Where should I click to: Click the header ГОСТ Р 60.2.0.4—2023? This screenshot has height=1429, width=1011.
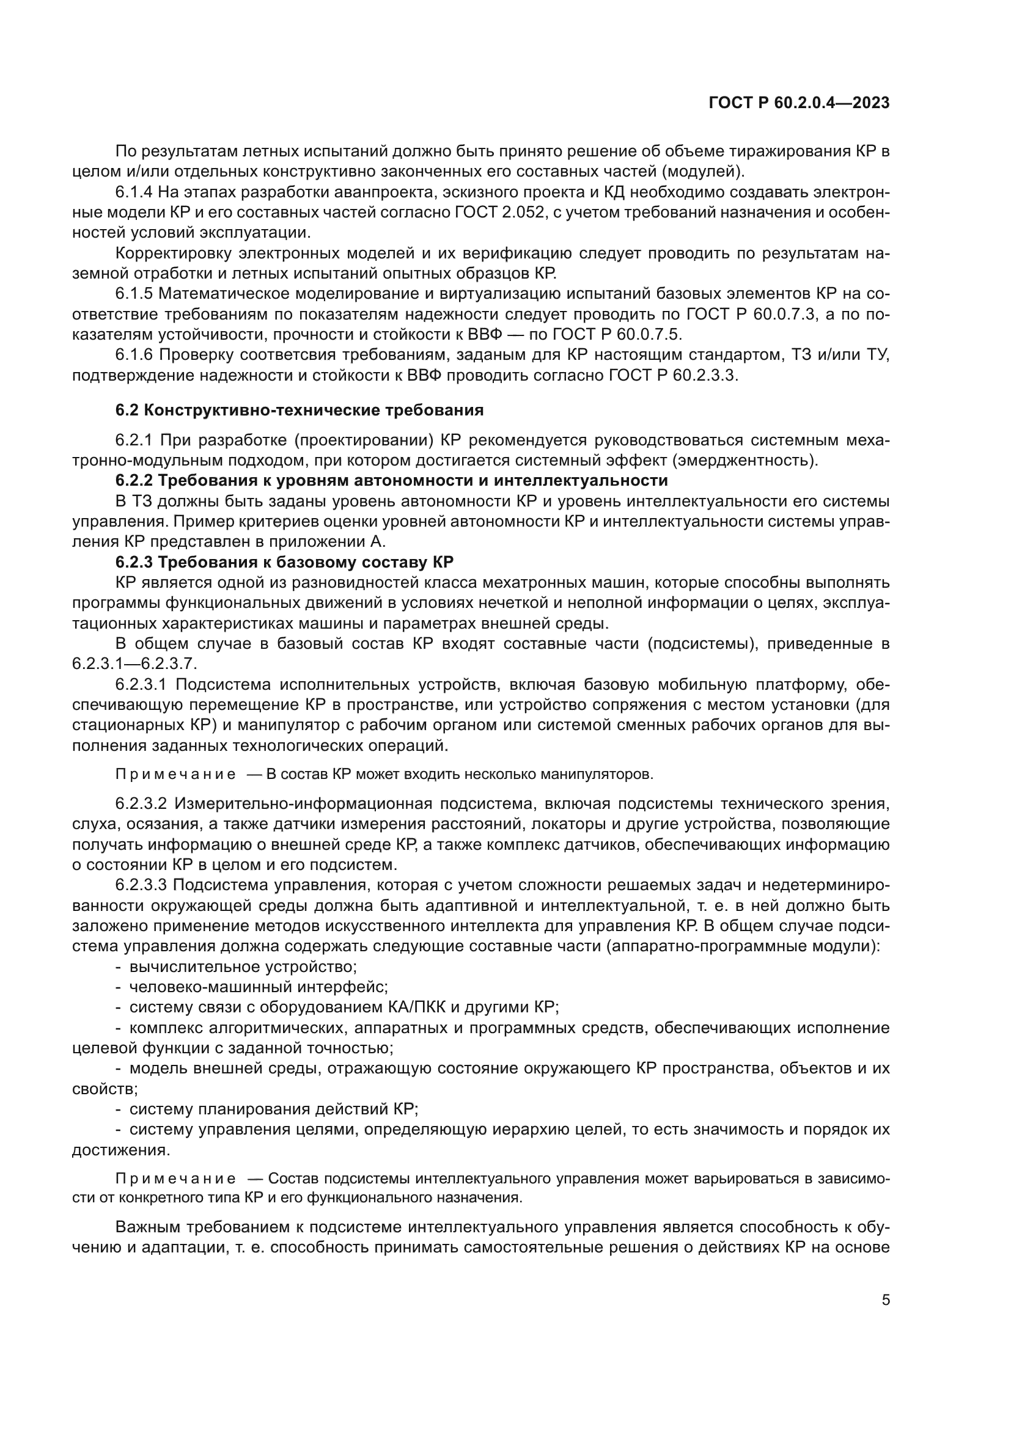point(799,103)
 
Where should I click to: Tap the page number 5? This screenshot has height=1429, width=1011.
point(886,1299)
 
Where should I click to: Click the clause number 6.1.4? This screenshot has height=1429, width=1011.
point(134,192)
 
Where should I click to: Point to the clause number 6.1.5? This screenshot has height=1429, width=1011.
point(134,294)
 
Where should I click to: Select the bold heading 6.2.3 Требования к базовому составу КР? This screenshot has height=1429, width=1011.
point(284,562)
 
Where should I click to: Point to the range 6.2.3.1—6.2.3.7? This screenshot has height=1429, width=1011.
point(134,663)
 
